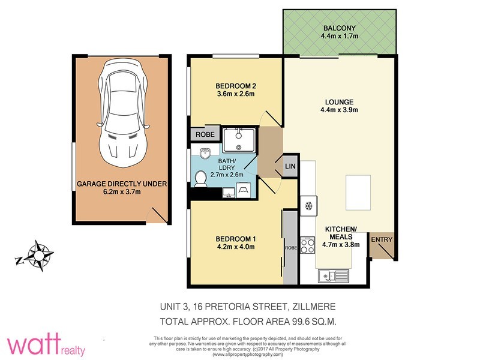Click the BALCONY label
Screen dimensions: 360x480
pos(339,28)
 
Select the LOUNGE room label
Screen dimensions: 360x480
pos(340,101)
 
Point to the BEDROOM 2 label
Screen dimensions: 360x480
pos(236,85)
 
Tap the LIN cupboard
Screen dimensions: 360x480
pos(290,166)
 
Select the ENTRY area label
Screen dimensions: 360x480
pos(382,240)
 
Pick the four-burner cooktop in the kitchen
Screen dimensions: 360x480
pos(308,247)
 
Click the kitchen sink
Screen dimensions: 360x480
pos(334,276)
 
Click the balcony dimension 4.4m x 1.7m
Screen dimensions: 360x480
pos(339,37)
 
